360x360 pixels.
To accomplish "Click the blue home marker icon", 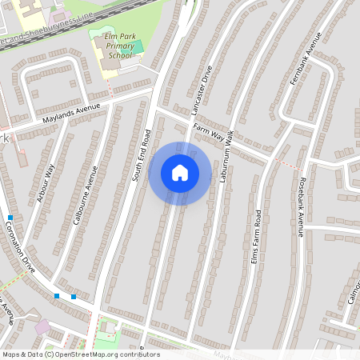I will click(180, 173).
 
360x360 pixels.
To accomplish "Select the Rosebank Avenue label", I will click(301, 206).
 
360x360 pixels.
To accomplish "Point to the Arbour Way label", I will click(46, 183).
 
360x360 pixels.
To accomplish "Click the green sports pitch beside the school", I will click(137, 46).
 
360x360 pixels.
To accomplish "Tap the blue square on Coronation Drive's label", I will click(10, 218).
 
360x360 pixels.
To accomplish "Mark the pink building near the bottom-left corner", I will click(41, 327).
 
